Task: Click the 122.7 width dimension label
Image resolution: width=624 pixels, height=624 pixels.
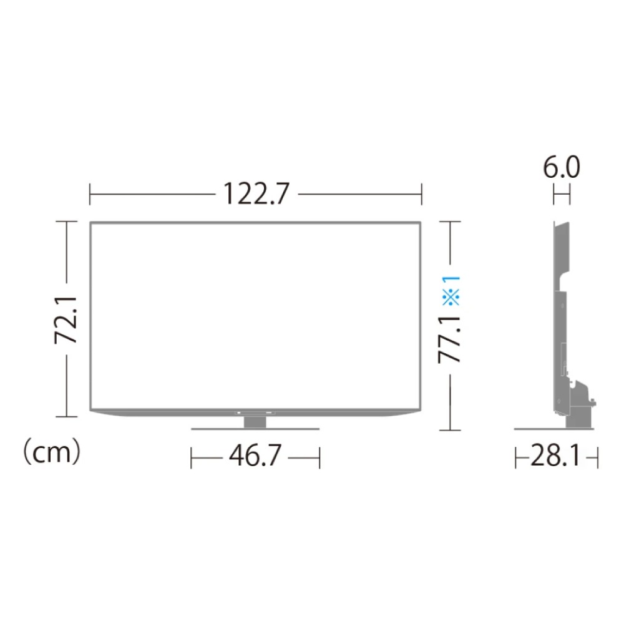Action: pyautogui.click(x=255, y=195)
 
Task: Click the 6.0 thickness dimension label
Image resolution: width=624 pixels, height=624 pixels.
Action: pyautogui.click(x=560, y=169)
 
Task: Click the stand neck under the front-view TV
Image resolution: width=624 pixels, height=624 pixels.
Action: pyautogui.click(x=255, y=421)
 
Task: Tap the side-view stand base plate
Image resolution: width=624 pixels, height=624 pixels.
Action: pyautogui.click(x=555, y=429)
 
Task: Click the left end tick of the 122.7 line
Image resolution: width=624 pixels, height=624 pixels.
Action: pyautogui.click(x=90, y=195)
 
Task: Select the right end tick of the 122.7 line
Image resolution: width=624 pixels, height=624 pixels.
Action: pyautogui.click(x=422, y=195)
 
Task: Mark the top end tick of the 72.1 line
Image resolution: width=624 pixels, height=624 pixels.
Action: pyautogui.click(x=67, y=221)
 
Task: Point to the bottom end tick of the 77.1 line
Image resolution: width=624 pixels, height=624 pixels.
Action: pyautogui.click(x=451, y=430)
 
